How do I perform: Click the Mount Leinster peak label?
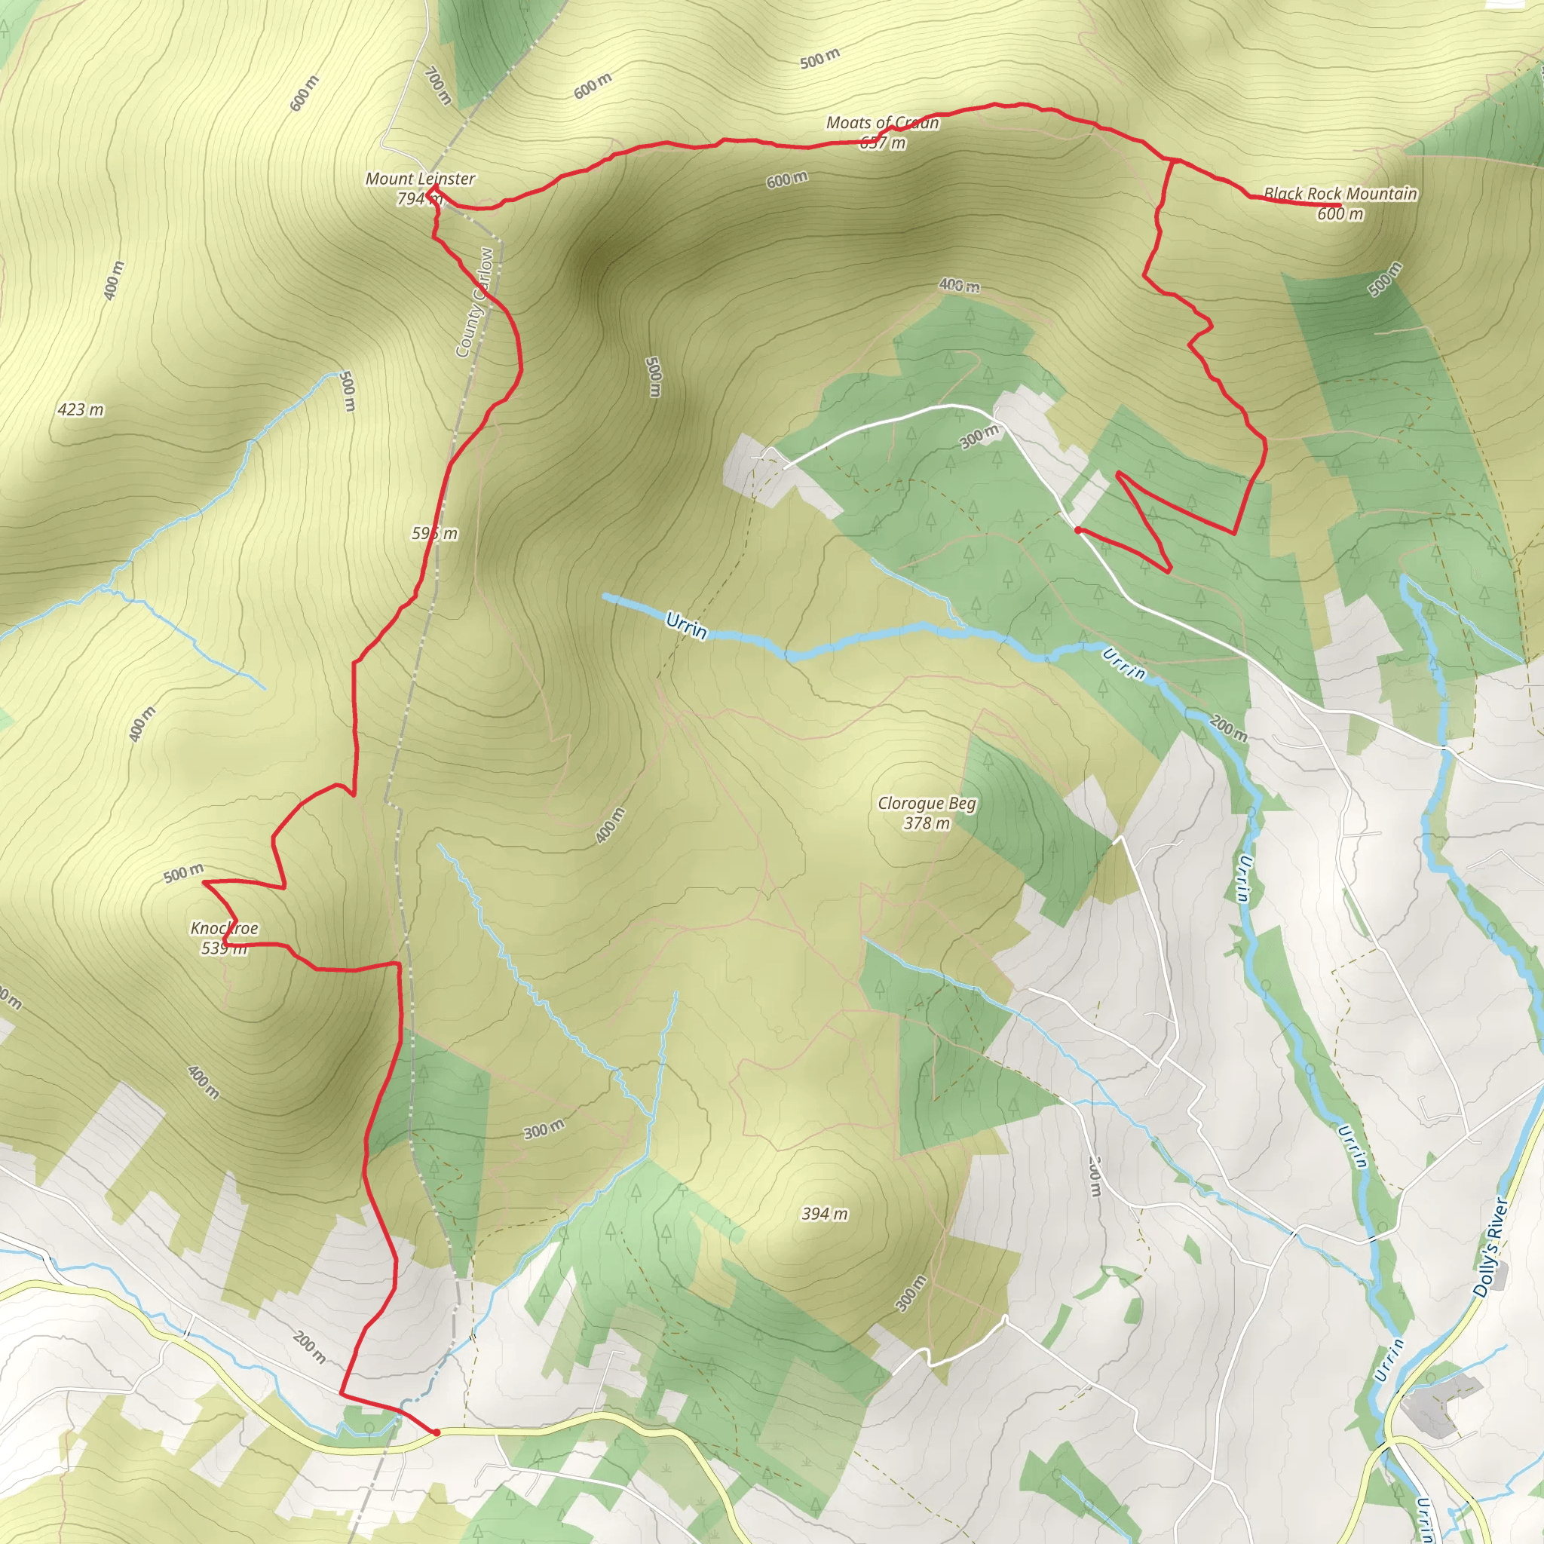(421, 179)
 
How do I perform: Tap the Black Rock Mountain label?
(1340, 194)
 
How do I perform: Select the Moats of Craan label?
(882, 123)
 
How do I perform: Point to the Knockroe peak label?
(224, 928)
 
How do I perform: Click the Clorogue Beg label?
(927, 803)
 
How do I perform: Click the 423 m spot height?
(81, 410)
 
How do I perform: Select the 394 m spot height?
(825, 1214)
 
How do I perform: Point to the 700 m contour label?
(438, 86)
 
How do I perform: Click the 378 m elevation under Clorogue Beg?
(927, 823)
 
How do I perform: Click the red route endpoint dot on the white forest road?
(1078, 530)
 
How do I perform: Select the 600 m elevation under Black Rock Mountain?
(1340, 213)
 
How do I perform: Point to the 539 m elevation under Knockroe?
(224, 948)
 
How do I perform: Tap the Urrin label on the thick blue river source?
(686, 626)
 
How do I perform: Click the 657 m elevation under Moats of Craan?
(882, 143)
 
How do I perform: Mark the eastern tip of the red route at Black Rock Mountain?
(1340, 205)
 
